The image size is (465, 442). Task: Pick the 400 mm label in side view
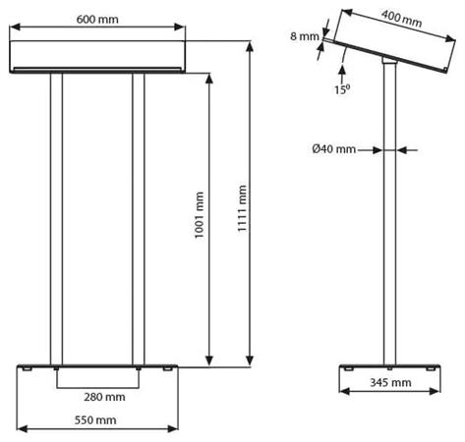pos(402,19)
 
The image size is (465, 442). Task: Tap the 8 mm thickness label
pos(308,36)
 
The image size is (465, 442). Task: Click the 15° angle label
pos(341,89)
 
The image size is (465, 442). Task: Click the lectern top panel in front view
pos(97,56)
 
